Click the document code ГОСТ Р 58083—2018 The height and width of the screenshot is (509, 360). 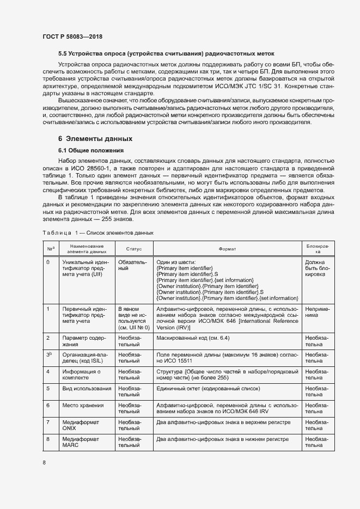[72, 36]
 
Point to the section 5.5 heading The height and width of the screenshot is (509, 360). [166, 53]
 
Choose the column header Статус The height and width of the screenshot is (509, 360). [134, 248]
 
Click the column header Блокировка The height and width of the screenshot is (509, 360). [318, 248]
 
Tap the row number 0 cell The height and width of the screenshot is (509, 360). [48, 262]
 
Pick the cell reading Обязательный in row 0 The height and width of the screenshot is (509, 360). [131, 265]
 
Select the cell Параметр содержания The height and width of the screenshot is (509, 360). [80, 341]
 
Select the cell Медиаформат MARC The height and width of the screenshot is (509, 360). [77, 442]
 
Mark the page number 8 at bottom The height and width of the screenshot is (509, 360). [44, 463]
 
